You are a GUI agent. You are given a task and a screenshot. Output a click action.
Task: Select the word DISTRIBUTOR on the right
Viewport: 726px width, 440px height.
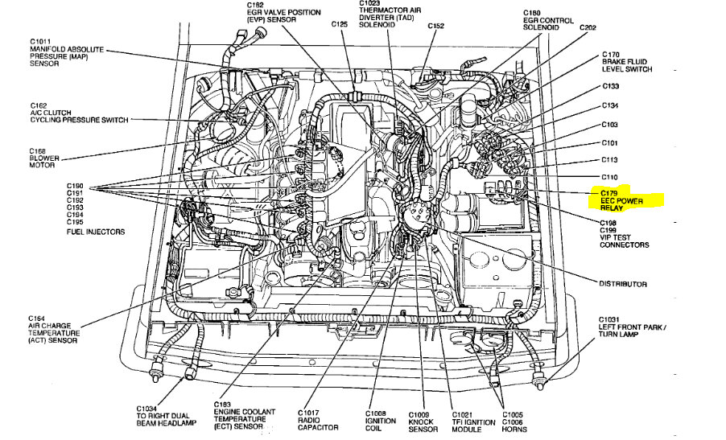pyautogui.click(x=622, y=284)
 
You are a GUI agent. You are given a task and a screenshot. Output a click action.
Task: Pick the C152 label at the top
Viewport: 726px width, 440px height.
pyautogui.click(x=435, y=25)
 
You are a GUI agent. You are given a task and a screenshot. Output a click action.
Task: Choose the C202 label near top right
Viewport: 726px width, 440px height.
pyautogui.click(x=588, y=28)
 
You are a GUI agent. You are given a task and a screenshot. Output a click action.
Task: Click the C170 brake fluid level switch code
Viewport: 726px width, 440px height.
pyautogui.click(x=611, y=55)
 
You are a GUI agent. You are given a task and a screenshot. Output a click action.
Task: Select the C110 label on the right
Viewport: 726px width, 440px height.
pyautogui.click(x=609, y=176)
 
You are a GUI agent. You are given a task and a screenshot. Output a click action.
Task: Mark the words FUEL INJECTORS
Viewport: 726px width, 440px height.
pyautogui.click(x=95, y=232)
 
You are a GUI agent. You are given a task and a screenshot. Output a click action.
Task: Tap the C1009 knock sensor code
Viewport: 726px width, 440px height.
pyautogui.click(x=421, y=413)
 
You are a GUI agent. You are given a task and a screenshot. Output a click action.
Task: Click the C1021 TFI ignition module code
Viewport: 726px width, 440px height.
pyautogui.click(x=464, y=413)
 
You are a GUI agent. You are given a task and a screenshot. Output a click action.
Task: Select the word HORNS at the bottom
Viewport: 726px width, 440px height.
pyautogui.click(x=515, y=429)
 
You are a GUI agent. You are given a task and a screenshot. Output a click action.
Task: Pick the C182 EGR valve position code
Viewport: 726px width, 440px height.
pyautogui.click(x=263, y=6)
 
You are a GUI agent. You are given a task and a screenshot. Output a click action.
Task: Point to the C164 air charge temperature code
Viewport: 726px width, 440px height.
pyautogui.click(x=41, y=318)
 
